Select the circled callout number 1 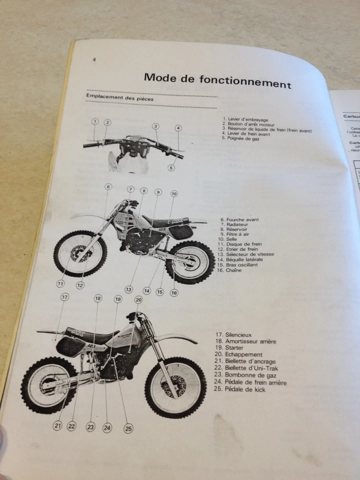point(94,121)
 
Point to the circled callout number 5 point(171,168)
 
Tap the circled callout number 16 point(174,293)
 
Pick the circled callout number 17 point(64,297)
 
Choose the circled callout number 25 point(128,428)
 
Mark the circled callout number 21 point(57,425)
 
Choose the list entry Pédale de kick point(245,389)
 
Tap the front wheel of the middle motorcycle point(80,254)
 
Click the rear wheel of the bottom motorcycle point(49,385)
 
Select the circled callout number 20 point(138,299)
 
